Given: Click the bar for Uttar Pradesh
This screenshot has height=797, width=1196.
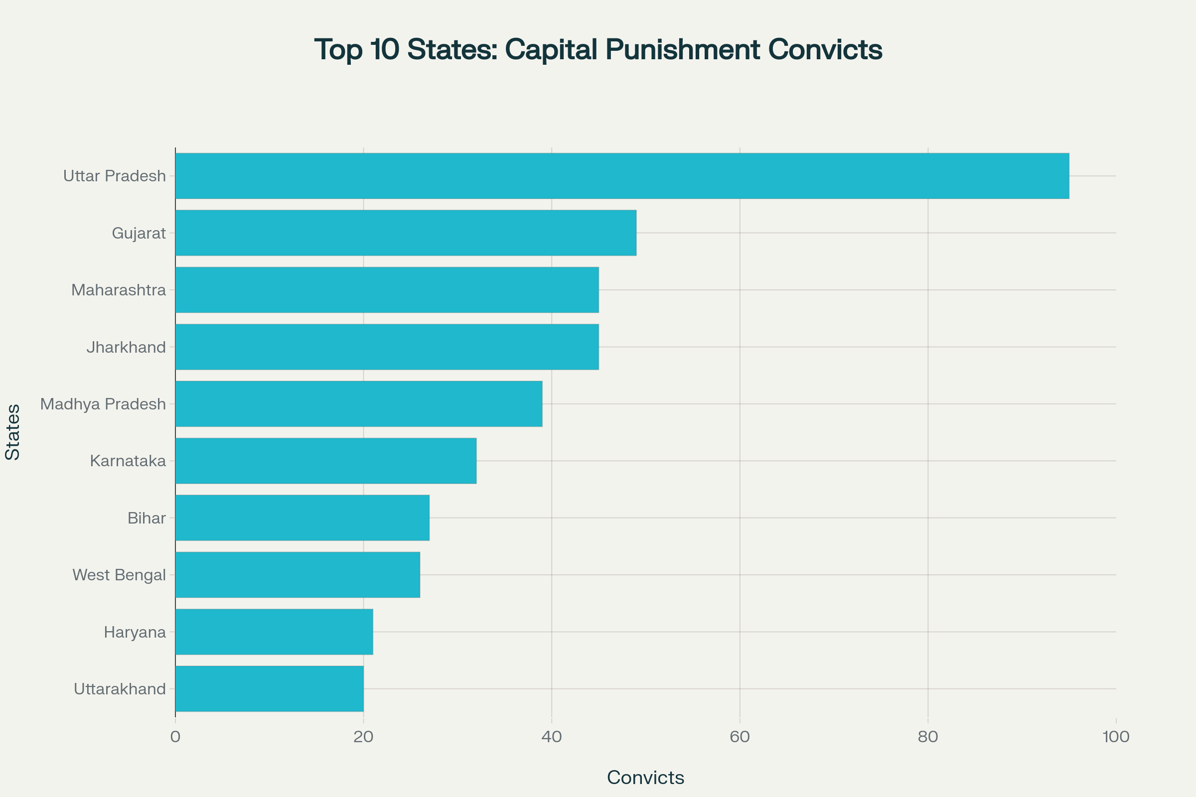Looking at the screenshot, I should (x=622, y=176).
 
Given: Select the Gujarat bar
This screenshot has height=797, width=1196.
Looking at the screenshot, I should (x=406, y=233).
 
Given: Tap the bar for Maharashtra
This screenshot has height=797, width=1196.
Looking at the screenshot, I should (x=387, y=290).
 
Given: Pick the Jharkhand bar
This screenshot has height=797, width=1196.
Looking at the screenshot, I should (x=387, y=347).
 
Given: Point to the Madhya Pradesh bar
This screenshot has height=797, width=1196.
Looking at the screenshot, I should (x=358, y=403).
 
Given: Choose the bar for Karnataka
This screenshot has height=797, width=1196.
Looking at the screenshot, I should (x=326, y=460).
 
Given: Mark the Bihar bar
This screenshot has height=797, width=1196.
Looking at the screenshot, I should (x=302, y=518).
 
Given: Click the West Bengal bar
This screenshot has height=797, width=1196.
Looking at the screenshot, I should (x=298, y=574).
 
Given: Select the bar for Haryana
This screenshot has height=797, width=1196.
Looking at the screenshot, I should (x=274, y=631).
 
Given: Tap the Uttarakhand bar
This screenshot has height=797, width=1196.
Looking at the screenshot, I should (x=270, y=688).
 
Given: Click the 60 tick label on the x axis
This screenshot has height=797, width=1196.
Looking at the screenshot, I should (x=740, y=737).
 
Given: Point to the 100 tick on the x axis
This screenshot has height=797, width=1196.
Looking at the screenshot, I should (x=1116, y=737).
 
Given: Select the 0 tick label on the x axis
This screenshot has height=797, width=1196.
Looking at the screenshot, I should (x=175, y=737).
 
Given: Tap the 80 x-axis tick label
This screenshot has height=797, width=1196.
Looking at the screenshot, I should (x=928, y=737).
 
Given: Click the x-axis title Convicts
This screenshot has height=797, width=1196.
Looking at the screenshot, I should (x=645, y=777).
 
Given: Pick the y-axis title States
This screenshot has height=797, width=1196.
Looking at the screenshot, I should (x=13, y=432).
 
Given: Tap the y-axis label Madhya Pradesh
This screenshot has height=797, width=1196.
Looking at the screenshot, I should (x=103, y=404).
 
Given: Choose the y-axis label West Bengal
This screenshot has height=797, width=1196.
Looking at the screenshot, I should (x=119, y=575).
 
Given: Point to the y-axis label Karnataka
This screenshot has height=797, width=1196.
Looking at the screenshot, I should (x=128, y=461).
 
